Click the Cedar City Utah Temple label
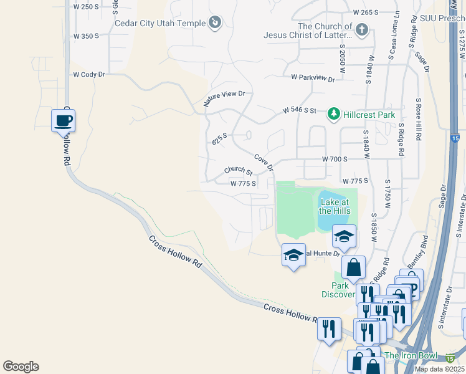[160, 24]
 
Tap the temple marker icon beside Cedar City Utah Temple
[215, 23]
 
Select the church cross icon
[362, 29]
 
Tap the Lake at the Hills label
[334, 206]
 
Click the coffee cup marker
[63, 120]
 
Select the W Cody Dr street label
[90, 74]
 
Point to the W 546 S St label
[303, 110]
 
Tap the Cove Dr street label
[264, 162]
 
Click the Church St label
[238, 171]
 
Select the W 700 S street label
[335, 160]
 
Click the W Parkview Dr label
[313, 79]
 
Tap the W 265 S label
[366, 12]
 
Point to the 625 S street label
[220, 138]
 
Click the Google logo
[21, 367]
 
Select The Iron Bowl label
[409, 355]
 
